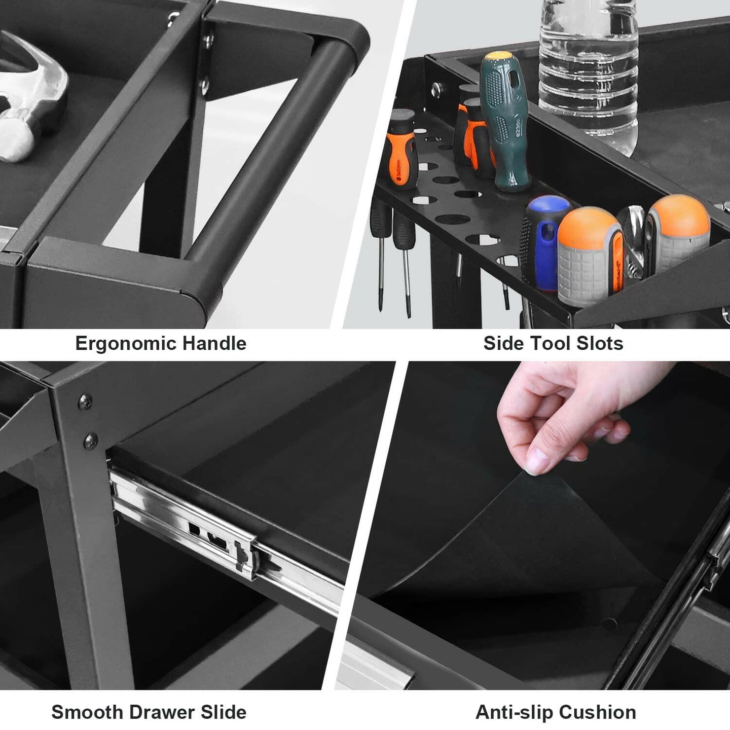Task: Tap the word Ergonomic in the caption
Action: [x=126, y=344]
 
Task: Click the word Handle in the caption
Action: [x=214, y=343]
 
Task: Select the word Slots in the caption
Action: [x=600, y=343]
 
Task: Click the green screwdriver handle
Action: [x=504, y=121]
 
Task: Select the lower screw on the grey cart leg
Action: [x=91, y=441]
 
